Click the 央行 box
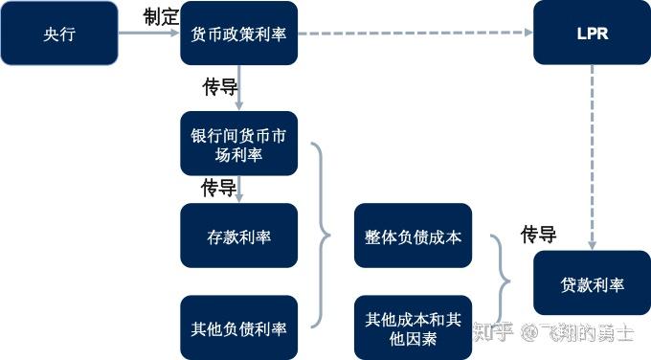pyautogui.click(x=59, y=34)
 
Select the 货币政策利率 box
pyautogui.click(x=238, y=34)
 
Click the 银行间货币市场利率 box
pyautogui.click(x=238, y=144)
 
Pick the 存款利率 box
pyautogui.click(x=238, y=236)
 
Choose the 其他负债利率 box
pyautogui.click(x=238, y=327)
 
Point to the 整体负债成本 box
pyautogui.click(x=413, y=236)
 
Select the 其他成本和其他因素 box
pyautogui.click(x=413, y=327)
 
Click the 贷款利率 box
pyautogui.click(x=593, y=284)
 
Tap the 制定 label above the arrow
pyautogui.click(x=161, y=16)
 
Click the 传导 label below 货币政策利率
pyautogui.click(x=219, y=87)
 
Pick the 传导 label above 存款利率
pyautogui.click(x=218, y=188)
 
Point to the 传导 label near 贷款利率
pyautogui.click(x=539, y=234)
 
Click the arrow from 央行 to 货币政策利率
pyautogui.click(x=148, y=34)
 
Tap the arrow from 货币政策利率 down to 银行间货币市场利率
pyautogui.click(x=238, y=88)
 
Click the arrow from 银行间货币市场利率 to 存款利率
pyautogui.click(x=238, y=189)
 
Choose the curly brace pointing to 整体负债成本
pyautogui.click(x=322, y=236)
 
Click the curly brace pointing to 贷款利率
pyautogui.click(x=503, y=281)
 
